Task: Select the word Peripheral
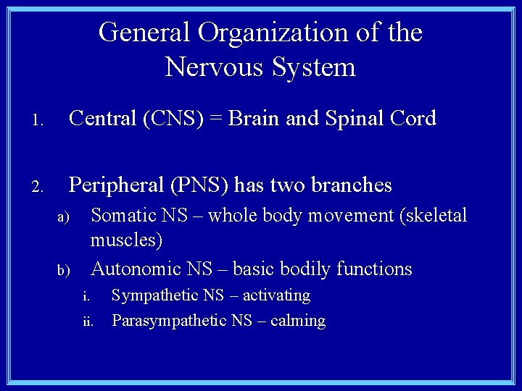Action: click(x=116, y=186)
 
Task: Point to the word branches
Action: click(x=351, y=186)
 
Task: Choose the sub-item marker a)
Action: click(x=63, y=218)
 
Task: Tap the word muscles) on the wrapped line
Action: click(x=126, y=240)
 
